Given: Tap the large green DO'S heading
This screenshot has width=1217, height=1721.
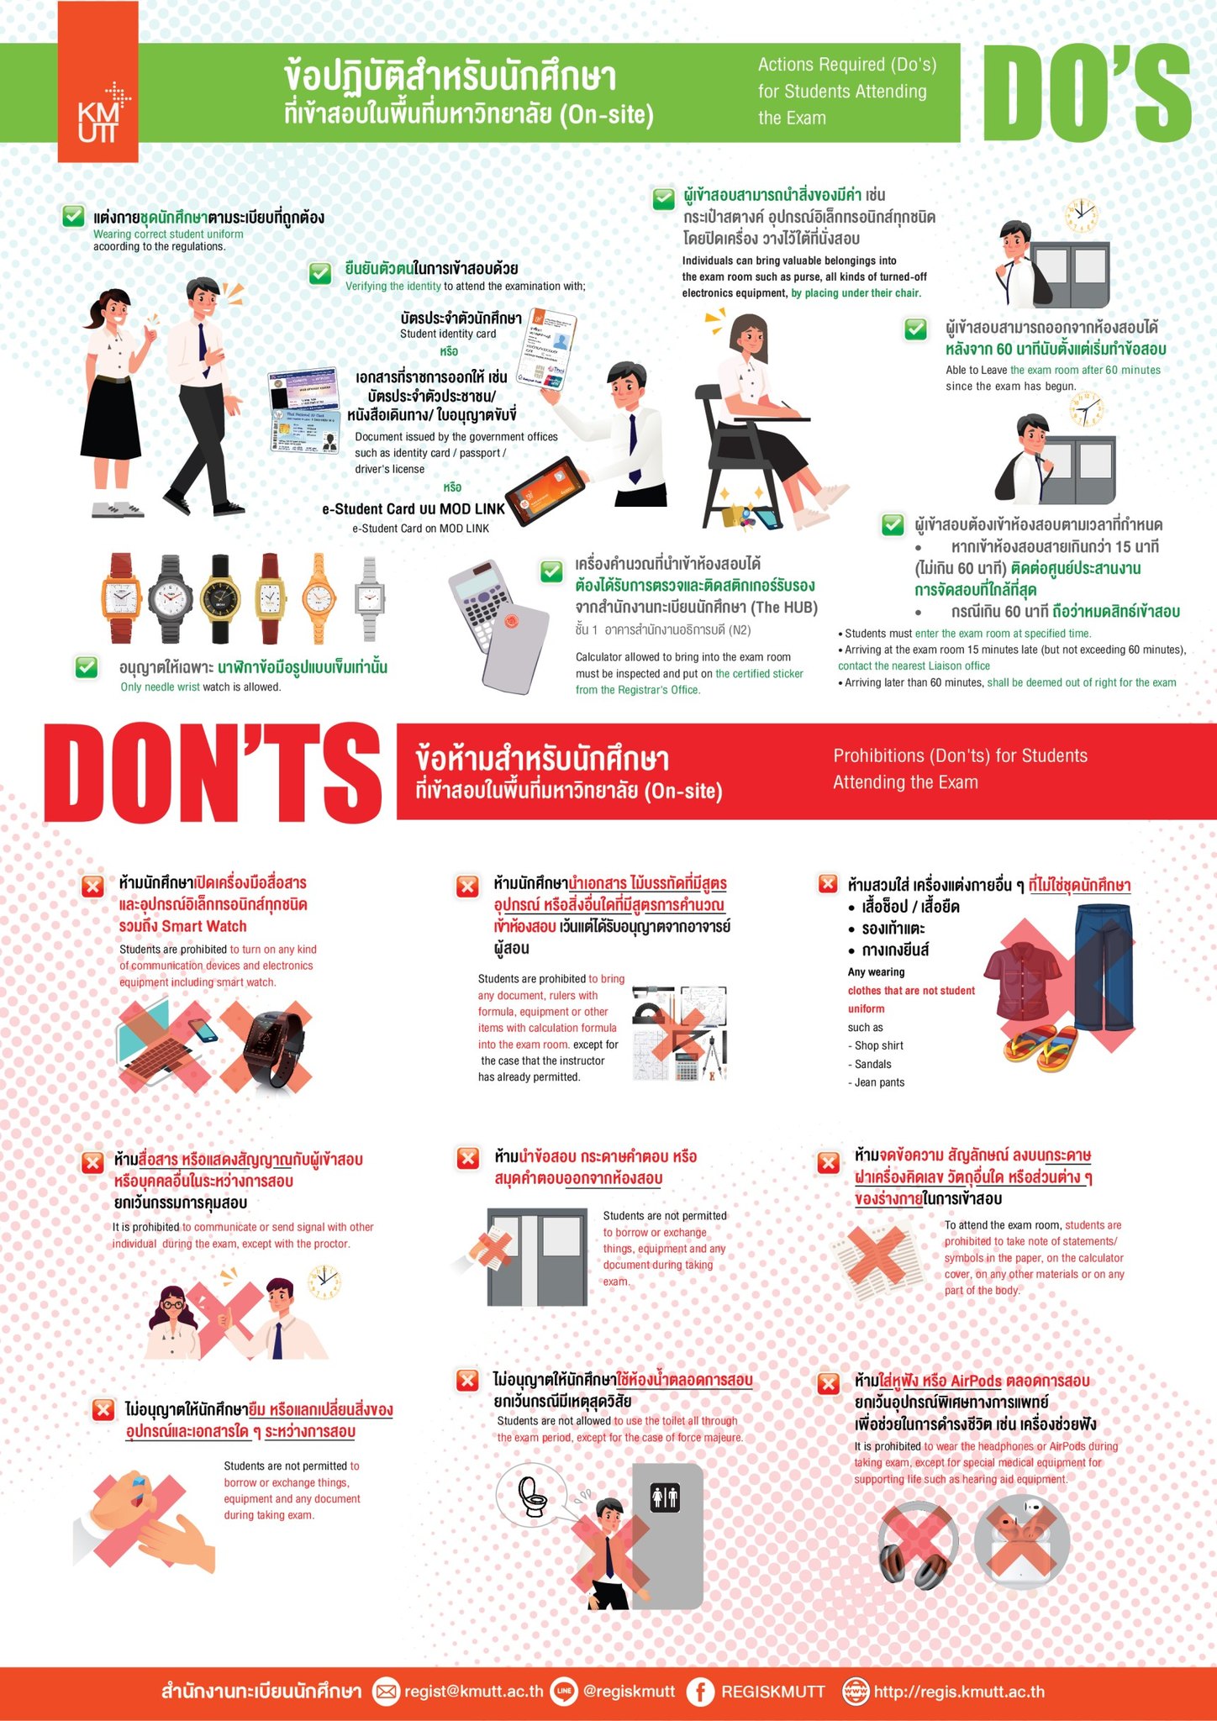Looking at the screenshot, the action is pos(1087,92).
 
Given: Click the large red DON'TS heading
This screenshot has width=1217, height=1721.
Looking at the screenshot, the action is pos(213,771).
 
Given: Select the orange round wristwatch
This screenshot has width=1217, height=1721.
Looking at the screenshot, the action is pos(319,597).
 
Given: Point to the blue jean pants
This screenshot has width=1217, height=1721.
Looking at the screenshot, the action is pos(1104,966).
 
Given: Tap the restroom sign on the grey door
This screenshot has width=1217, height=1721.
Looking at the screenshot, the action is pos(665,1497).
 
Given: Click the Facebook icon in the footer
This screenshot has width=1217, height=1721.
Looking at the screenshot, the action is pos(699,1691).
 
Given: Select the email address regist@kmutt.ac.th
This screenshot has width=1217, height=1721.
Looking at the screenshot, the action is pos(473,1691).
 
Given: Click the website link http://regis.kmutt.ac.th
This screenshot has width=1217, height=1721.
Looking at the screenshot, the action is pos(959,1691).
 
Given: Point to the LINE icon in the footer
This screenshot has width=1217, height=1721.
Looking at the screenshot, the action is pos(563,1691).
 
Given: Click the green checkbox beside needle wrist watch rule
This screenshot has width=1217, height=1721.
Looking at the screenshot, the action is pos(87,667).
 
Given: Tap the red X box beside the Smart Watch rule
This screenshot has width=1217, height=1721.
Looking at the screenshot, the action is pos(92,886).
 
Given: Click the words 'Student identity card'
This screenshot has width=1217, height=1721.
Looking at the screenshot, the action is pos(448,334).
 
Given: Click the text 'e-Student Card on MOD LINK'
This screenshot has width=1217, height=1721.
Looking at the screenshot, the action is pos(420,529).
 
